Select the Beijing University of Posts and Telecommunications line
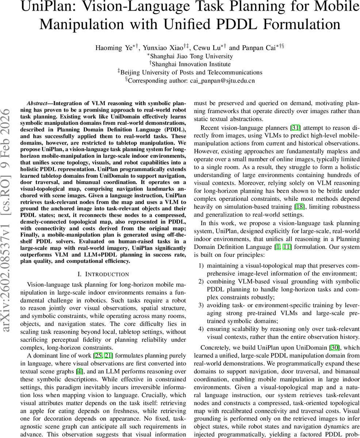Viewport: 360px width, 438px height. (190, 72)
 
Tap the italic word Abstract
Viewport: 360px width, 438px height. (39, 103)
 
